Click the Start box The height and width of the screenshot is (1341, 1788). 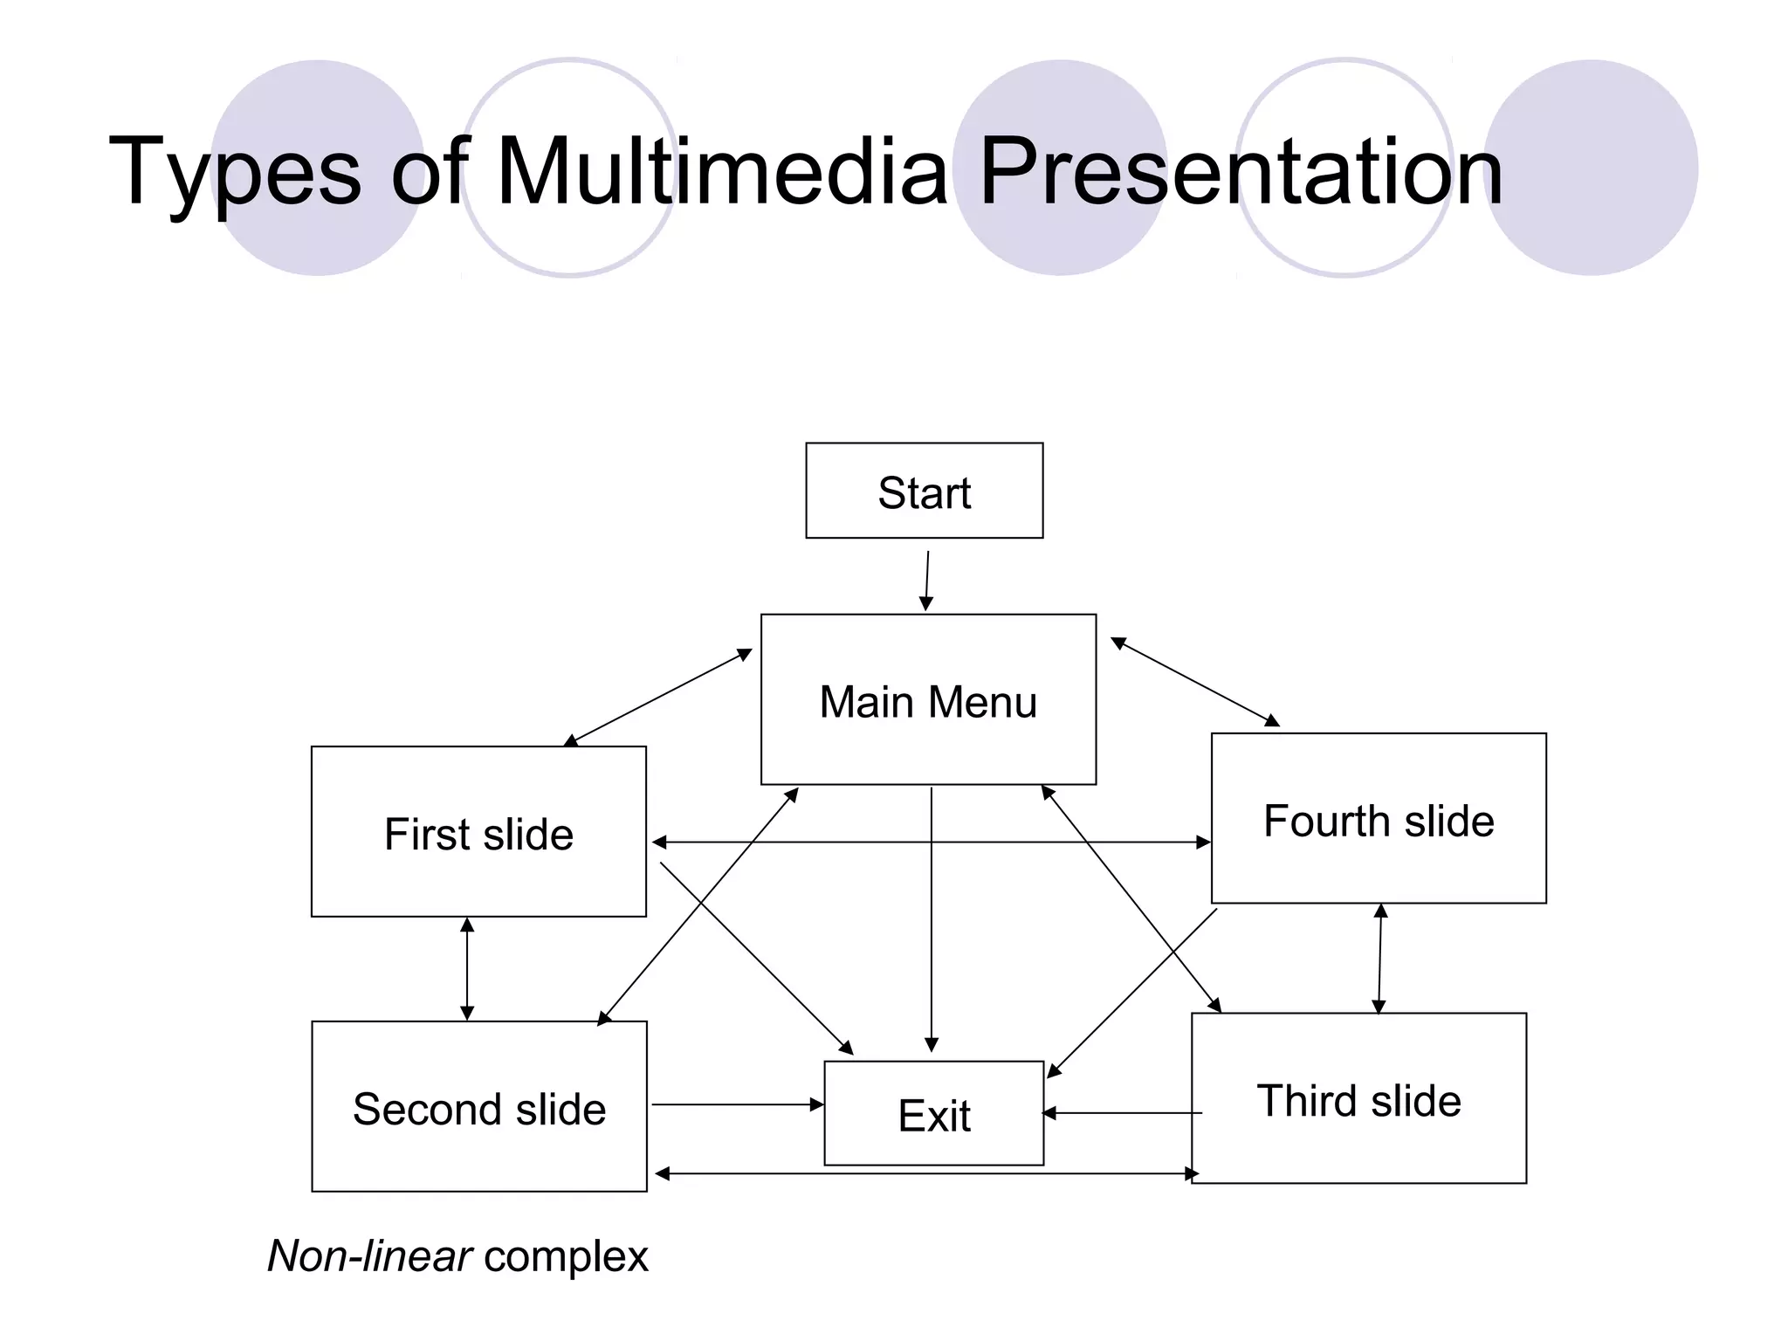click(924, 491)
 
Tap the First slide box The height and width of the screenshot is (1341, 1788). click(478, 831)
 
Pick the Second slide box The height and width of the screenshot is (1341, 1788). click(478, 1106)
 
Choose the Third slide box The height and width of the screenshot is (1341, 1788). click(1358, 1098)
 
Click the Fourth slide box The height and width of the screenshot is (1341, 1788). click(1379, 818)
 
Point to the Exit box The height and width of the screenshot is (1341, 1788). click(933, 1113)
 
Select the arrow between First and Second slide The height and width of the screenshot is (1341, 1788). click(467, 968)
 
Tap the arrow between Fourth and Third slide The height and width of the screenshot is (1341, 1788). click(1379, 959)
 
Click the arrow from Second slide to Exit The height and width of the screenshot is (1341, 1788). click(738, 1104)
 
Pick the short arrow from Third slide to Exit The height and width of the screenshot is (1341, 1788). click(1122, 1113)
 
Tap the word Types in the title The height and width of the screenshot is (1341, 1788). click(234, 172)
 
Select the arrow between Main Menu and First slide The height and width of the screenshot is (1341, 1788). click(658, 697)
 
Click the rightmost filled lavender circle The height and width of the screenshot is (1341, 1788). click(1591, 168)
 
